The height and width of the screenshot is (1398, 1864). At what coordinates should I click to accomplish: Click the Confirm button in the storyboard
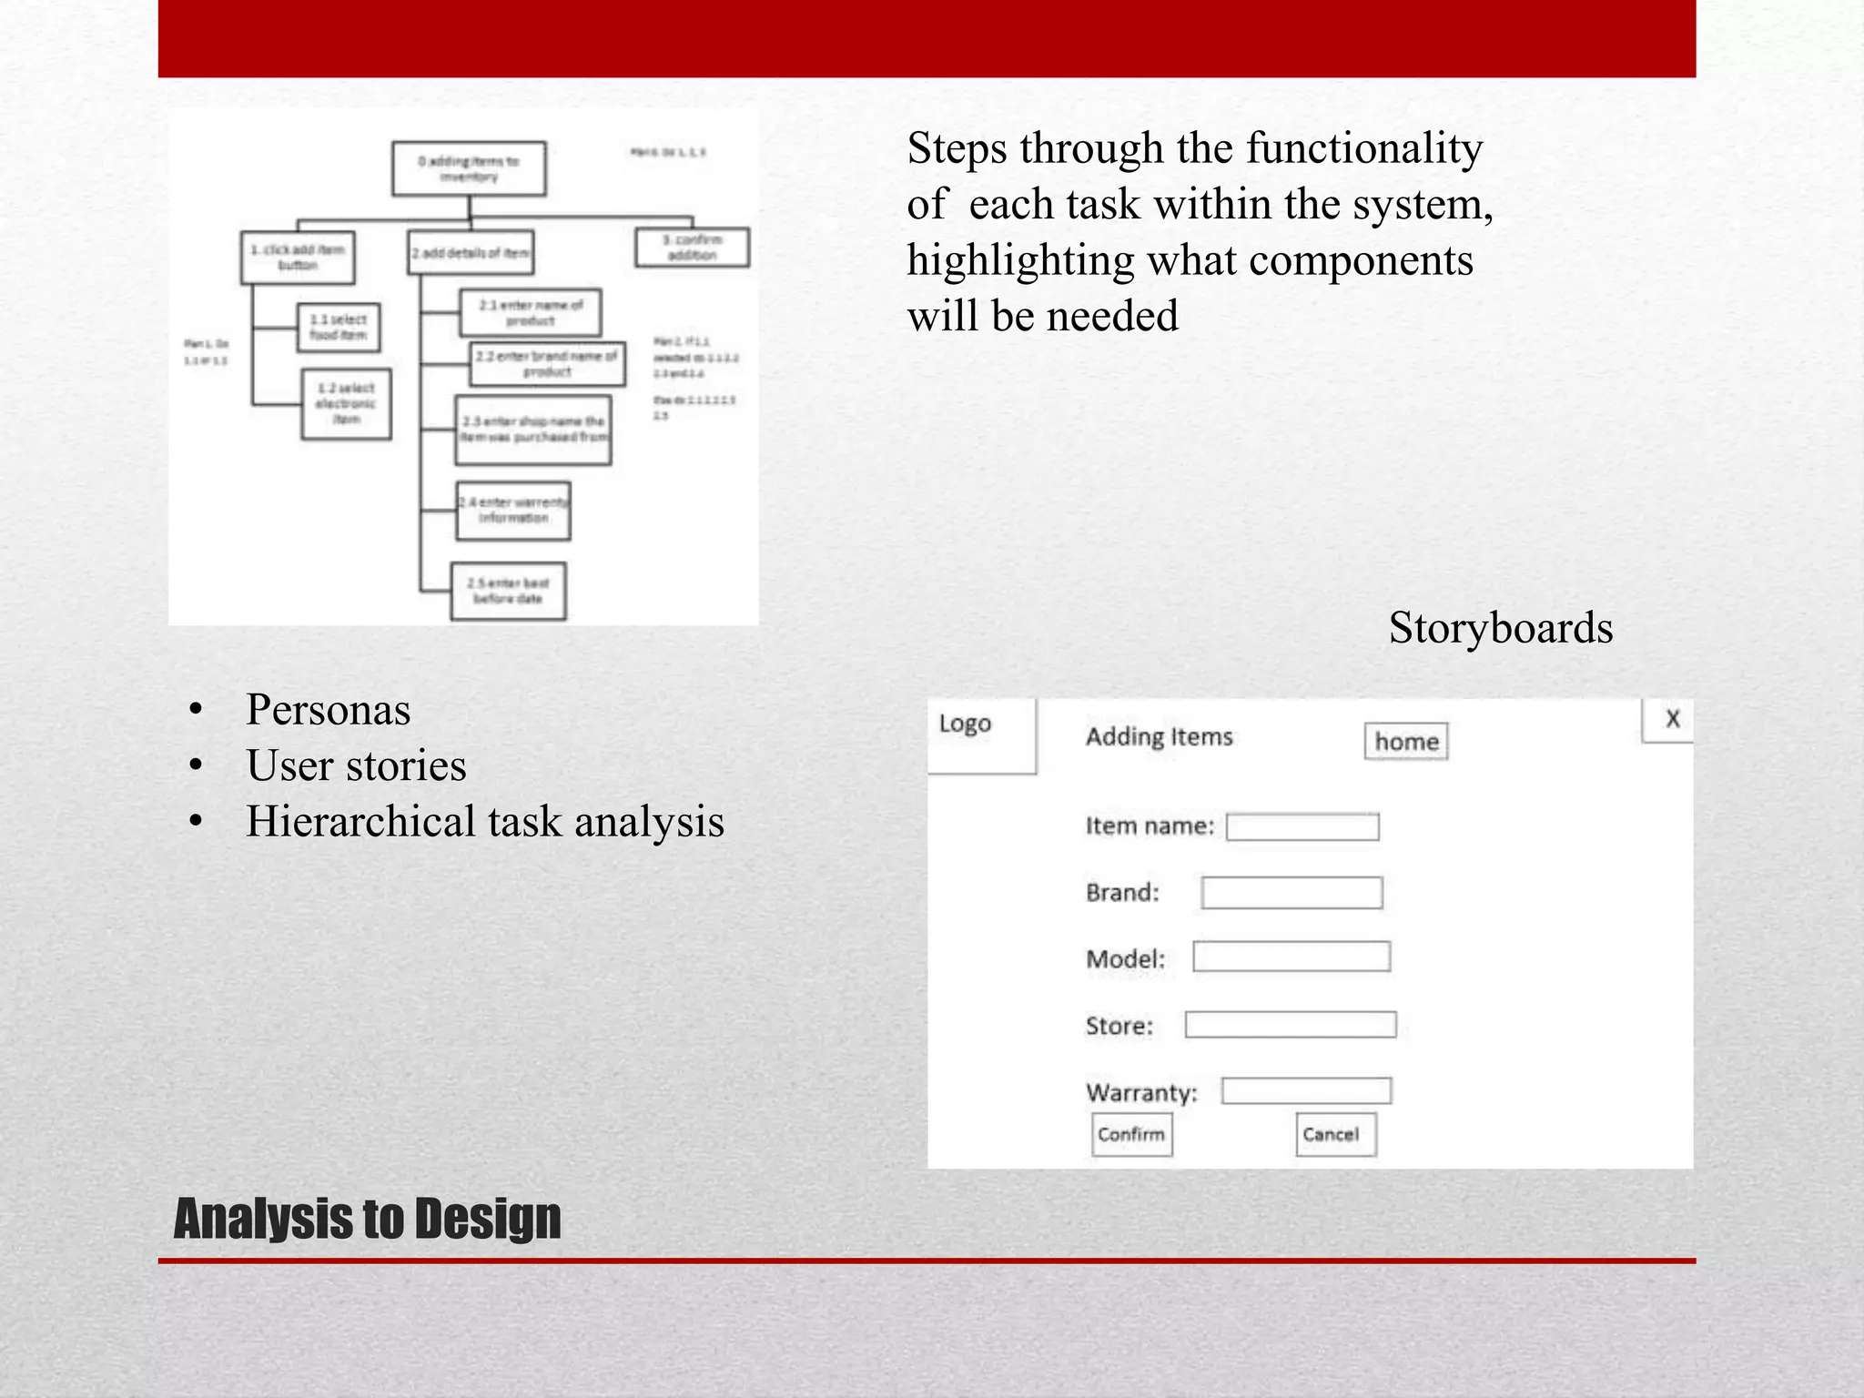tap(1131, 1134)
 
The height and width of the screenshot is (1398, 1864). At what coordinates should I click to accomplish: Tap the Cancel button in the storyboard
tap(1335, 1134)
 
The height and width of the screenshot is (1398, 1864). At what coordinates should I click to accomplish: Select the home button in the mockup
tap(1405, 741)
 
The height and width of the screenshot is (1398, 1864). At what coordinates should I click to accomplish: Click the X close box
tap(1670, 720)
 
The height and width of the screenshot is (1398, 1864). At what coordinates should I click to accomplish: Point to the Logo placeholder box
tap(981, 735)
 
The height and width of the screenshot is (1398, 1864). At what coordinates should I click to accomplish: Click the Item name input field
tap(1302, 826)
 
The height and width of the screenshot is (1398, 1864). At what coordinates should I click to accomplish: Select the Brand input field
tap(1291, 892)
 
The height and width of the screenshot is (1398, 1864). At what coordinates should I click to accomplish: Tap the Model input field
tap(1291, 957)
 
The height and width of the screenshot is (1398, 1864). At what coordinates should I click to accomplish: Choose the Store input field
tap(1290, 1025)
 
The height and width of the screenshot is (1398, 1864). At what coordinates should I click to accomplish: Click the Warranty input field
tap(1305, 1090)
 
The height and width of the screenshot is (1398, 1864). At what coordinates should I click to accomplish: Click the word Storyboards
tap(1500, 628)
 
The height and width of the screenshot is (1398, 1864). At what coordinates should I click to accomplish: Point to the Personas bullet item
tap(328, 709)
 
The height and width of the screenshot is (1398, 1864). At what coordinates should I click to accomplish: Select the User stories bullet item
tap(356, 765)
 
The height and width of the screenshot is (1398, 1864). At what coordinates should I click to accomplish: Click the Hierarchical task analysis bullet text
tap(484, 821)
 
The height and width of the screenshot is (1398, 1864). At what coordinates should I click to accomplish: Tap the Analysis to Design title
tap(367, 1219)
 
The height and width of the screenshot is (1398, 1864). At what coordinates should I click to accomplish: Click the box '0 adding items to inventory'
tap(469, 168)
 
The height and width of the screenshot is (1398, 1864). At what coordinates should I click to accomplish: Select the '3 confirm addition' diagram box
tap(692, 248)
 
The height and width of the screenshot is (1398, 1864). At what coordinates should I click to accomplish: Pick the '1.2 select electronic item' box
tap(346, 404)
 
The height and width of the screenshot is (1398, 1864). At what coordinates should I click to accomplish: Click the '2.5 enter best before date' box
tap(508, 591)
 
